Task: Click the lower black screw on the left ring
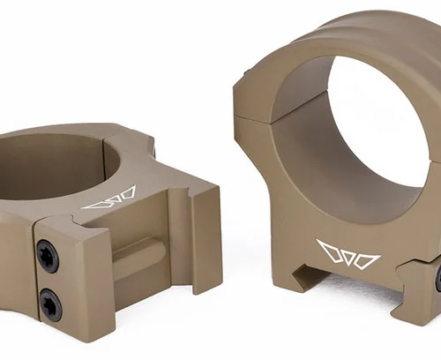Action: (x=50, y=304)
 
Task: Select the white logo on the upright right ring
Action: (x=348, y=254)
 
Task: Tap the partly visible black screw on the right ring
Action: (x=437, y=279)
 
